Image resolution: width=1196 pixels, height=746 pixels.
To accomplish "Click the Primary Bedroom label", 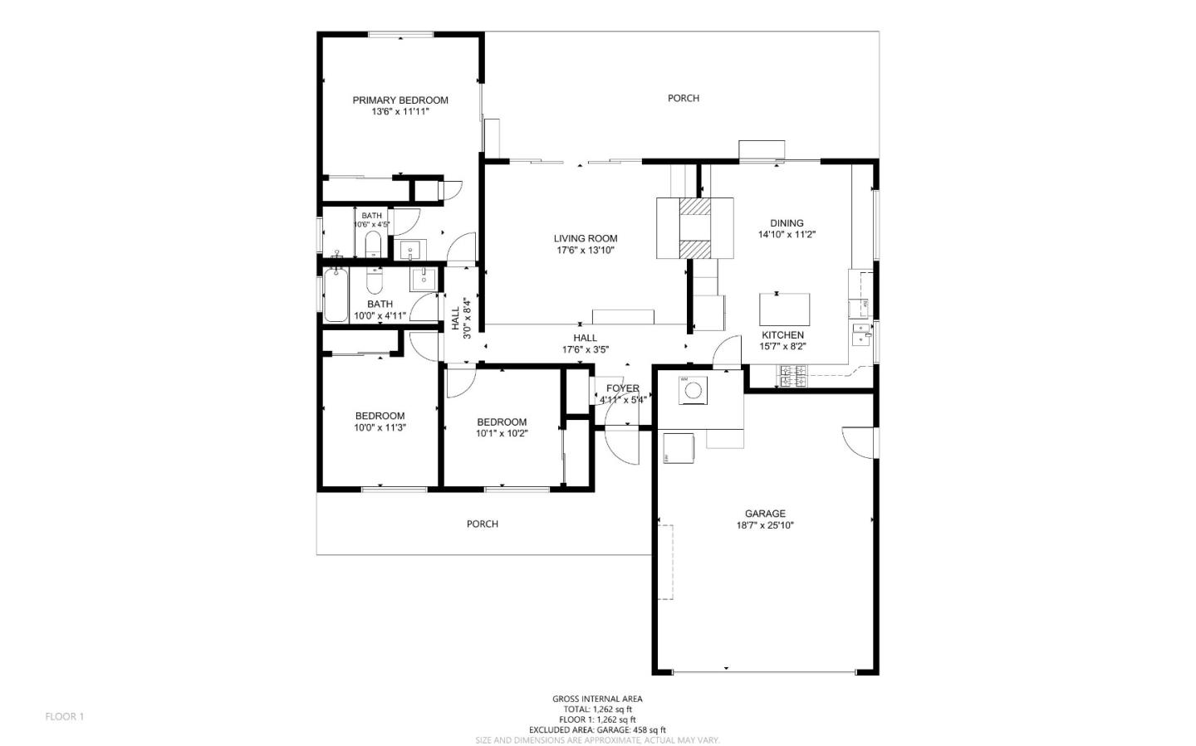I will click(x=399, y=100).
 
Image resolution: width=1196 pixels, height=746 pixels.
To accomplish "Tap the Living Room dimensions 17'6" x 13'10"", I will click(x=586, y=250).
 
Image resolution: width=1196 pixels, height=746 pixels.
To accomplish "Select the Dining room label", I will click(x=787, y=223).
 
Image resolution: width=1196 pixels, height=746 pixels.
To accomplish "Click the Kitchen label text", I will click(x=782, y=335).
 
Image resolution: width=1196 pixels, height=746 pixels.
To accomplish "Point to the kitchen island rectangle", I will click(x=784, y=310).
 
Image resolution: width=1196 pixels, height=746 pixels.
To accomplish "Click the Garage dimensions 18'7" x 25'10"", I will click(x=765, y=525).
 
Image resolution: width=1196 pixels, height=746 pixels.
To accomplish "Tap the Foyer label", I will click(x=623, y=388).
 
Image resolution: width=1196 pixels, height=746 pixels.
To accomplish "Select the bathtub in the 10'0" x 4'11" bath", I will click(x=336, y=295).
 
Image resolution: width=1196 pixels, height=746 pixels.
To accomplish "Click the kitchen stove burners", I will click(x=791, y=377).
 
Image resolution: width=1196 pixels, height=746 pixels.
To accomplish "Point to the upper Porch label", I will click(x=684, y=98).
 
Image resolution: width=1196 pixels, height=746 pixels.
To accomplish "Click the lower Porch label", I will click(x=483, y=524).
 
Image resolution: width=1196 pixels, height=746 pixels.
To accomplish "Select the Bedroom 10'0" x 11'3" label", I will click(x=380, y=417).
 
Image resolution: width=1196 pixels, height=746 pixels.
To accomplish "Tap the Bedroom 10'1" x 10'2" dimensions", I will click(x=502, y=433).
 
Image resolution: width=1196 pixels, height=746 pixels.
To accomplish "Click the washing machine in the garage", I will click(x=693, y=390).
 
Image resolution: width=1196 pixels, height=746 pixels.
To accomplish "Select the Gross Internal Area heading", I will click(x=597, y=699).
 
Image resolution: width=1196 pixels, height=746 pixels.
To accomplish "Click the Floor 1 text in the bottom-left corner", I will click(x=65, y=716).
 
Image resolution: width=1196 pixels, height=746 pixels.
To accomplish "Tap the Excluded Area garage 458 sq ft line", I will click(x=597, y=730).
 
